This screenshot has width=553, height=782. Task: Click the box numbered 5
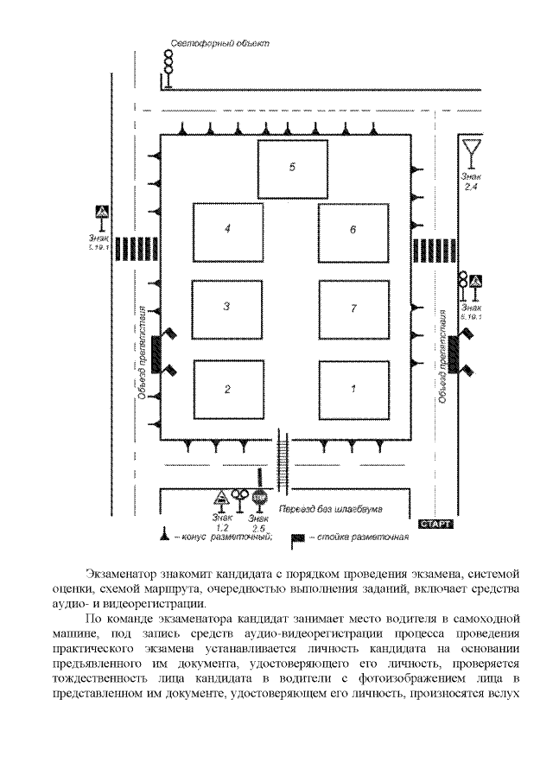click(292, 168)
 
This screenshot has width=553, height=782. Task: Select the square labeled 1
click(353, 389)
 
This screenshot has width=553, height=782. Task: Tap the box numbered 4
click(227, 230)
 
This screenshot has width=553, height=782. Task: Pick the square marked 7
click(353, 308)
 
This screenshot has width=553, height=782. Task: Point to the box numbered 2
click(227, 389)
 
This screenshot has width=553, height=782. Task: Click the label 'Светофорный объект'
click(219, 42)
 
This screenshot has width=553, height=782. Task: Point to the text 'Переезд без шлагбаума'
click(331, 509)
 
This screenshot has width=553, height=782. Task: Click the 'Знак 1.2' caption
click(221, 522)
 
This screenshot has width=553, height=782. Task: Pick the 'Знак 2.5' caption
click(258, 522)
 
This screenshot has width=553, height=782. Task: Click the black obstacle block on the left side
click(156, 354)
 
